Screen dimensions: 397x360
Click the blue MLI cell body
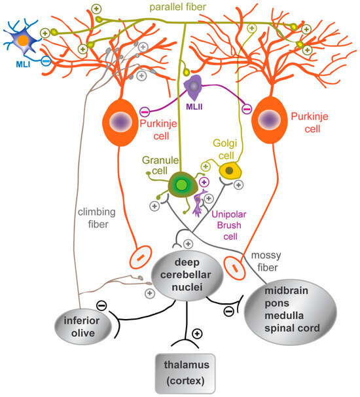(23, 41)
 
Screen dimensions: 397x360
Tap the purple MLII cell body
(194, 86)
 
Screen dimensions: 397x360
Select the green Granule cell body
(181, 183)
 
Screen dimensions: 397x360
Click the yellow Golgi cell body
(228, 171)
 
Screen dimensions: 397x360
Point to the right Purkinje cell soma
(270, 120)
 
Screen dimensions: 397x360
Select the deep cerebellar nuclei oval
(186, 274)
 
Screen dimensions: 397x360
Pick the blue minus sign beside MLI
(45, 60)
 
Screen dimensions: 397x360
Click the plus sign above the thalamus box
(196, 333)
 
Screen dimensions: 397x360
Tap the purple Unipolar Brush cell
(200, 200)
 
